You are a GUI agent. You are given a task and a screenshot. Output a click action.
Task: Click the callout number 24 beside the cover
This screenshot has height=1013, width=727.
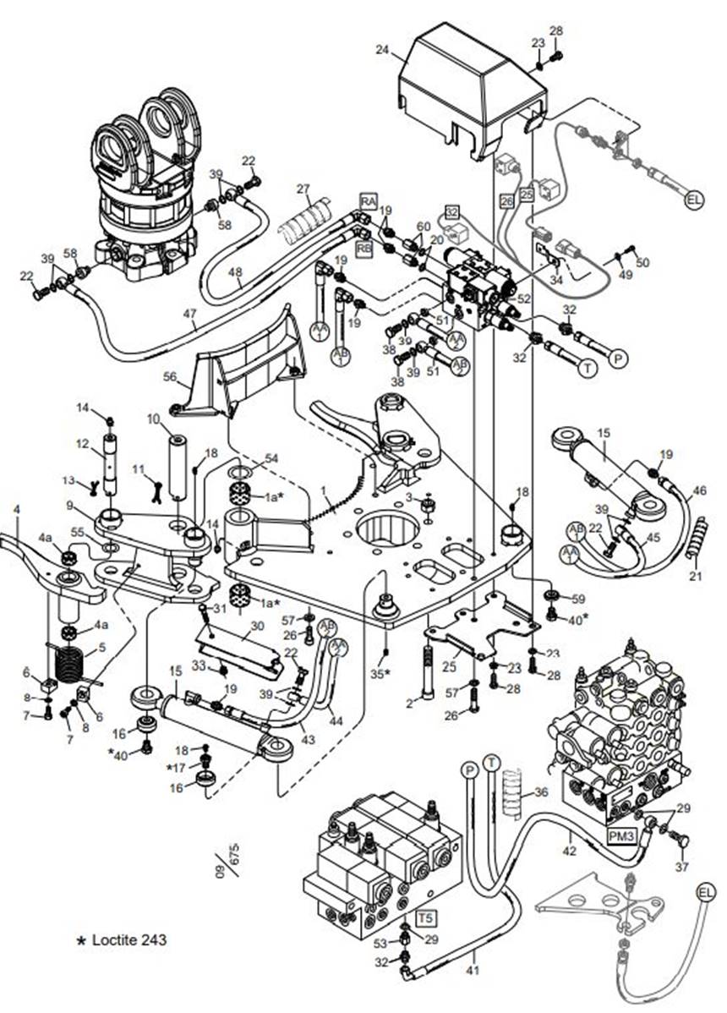click(x=382, y=51)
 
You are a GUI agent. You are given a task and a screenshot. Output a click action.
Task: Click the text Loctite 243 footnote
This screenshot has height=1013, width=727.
click(x=124, y=939)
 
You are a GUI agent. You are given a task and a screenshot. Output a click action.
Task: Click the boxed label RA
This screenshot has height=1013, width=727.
click(x=368, y=200)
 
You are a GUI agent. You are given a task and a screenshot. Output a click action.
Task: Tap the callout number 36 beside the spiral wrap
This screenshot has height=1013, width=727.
click(x=541, y=793)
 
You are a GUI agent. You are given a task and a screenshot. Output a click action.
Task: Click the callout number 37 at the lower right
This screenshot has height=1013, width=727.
click(x=682, y=867)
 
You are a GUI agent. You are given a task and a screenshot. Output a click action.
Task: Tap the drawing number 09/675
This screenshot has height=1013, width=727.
click(x=225, y=862)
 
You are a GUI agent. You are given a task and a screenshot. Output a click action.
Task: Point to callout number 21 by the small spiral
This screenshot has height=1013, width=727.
click(x=695, y=577)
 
